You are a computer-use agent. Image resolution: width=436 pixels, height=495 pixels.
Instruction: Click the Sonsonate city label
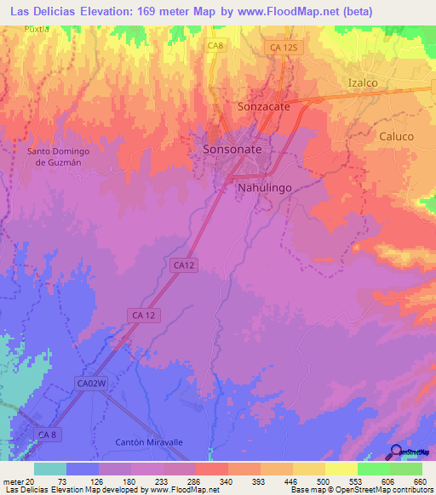[232, 149]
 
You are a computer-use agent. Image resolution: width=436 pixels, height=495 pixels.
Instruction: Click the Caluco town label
[396, 136]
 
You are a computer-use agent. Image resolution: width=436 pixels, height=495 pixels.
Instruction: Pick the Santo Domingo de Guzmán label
[59, 157]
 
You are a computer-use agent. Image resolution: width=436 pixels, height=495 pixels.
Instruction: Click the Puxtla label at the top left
[37, 28]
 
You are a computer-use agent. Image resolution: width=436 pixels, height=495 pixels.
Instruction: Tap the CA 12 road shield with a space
[144, 315]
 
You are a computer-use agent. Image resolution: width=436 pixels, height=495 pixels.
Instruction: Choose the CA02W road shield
[91, 384]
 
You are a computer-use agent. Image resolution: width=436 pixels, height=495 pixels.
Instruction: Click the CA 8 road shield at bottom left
[48, 435]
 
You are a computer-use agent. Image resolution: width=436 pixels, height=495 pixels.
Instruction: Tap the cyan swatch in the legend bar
[50, 469]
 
